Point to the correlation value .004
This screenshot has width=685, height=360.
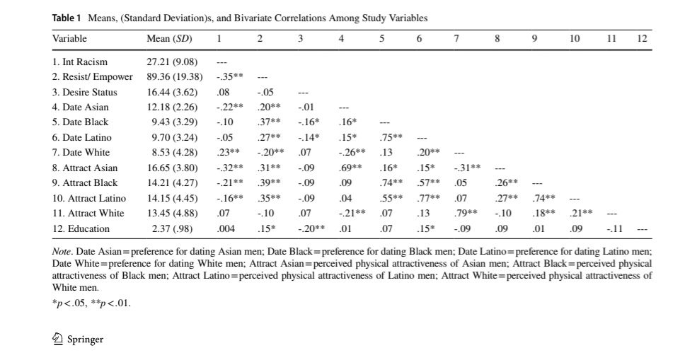(x=226, y=228)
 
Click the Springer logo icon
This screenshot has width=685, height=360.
(x=59, y=339)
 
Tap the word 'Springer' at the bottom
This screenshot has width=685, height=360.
(x=85, y=339)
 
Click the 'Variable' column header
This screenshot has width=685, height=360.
(x=69, y=38)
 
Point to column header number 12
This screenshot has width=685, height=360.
(x=642, y=38)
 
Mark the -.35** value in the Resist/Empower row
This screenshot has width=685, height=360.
(x=229, y=77)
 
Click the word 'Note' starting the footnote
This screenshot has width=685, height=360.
(x=62, y=252)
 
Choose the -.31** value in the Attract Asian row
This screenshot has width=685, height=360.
(x=468, y=168)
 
